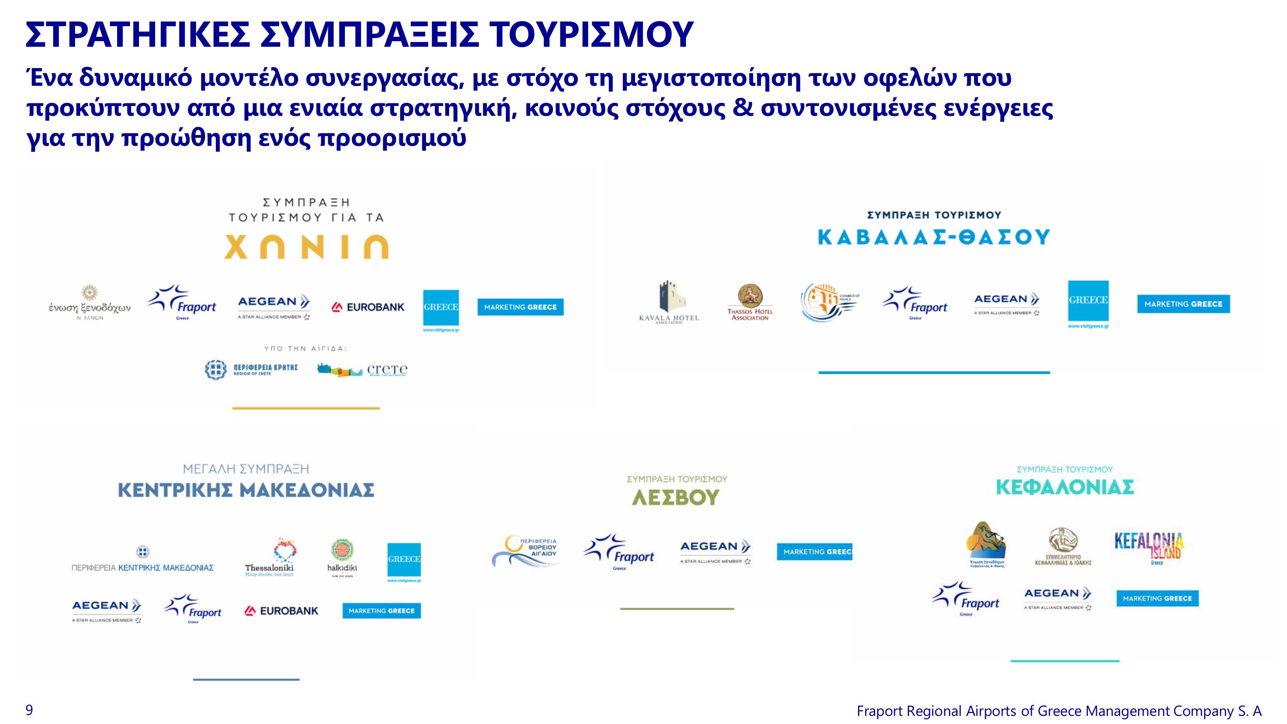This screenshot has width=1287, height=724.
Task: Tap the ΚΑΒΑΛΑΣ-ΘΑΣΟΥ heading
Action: (x=933, y=237)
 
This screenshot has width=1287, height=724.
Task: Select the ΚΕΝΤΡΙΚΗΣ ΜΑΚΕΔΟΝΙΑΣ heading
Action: (x=246, y=490)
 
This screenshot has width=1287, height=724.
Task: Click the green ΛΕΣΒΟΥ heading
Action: (x=676, y=498)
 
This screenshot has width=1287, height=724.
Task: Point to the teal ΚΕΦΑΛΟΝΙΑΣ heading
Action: (x=1065, y=487)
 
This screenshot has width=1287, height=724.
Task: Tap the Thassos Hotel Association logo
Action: (x=749, y=302)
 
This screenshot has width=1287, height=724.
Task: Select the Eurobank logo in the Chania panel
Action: (x=368, y=307)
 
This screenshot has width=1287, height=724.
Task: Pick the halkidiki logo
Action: (x=342, y=558)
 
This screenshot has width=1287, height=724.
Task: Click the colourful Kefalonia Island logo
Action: (x=1148, y=548)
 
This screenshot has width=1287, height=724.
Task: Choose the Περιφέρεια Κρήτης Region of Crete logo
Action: (x=251, y=370)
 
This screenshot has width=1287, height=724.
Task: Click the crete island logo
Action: (x=362, y=370)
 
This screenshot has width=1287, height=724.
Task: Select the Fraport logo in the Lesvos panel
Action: (x=619, y=552)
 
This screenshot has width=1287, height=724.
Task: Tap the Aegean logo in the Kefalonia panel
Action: (x=1057, y=597)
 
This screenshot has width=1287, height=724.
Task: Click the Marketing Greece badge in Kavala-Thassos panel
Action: (x=1183, y=304)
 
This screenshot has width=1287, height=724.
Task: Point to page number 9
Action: (x=30, y=710)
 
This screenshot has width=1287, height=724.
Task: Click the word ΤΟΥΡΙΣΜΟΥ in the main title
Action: (x=590, y=35)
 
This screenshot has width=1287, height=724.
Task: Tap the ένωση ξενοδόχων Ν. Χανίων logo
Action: (x=89, y=303)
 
